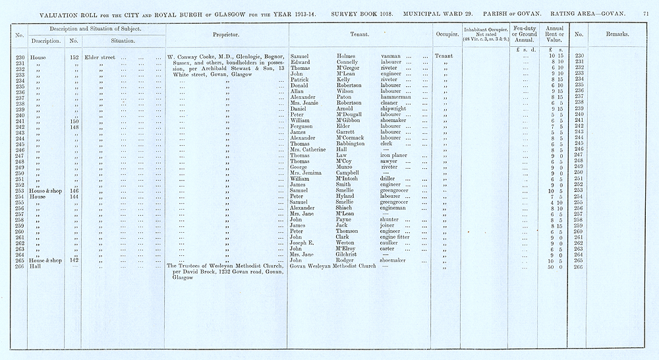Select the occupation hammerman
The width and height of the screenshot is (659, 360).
click(396, 97)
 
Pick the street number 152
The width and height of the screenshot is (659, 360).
click(74, 57)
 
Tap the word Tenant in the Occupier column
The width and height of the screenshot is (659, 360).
click(444, 56)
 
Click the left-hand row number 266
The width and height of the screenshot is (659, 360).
click(20, 266)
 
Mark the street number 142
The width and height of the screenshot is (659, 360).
click(74, 260)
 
